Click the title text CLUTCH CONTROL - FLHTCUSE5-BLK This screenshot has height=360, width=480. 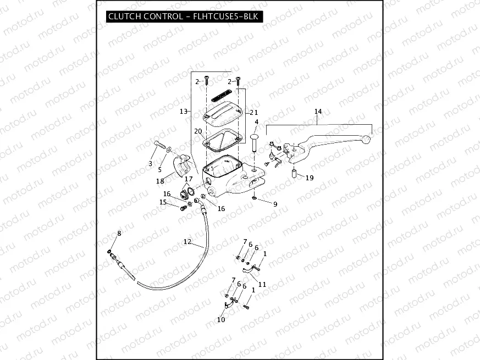tap(184, 16)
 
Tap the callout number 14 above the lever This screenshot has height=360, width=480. tap(318, 112)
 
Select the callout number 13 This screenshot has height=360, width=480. tap(184, 111)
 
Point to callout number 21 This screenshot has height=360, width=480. tap(254, 112)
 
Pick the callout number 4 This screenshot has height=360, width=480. tap(256, 121)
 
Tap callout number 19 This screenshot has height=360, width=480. tap(310, 178)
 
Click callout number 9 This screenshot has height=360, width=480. tap(275, 204)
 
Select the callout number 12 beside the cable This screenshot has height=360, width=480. tap(187, 241)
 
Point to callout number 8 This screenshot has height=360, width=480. tap(119, 234)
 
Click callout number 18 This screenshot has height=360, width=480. tap(160, 181)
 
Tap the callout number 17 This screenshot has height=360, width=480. tap(189, 179)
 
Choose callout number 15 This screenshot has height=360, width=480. tap(163, 202)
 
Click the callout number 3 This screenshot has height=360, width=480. tap(150, 164)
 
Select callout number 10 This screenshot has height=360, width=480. tap(221, 319)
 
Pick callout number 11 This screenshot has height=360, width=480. tap(262, 284)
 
